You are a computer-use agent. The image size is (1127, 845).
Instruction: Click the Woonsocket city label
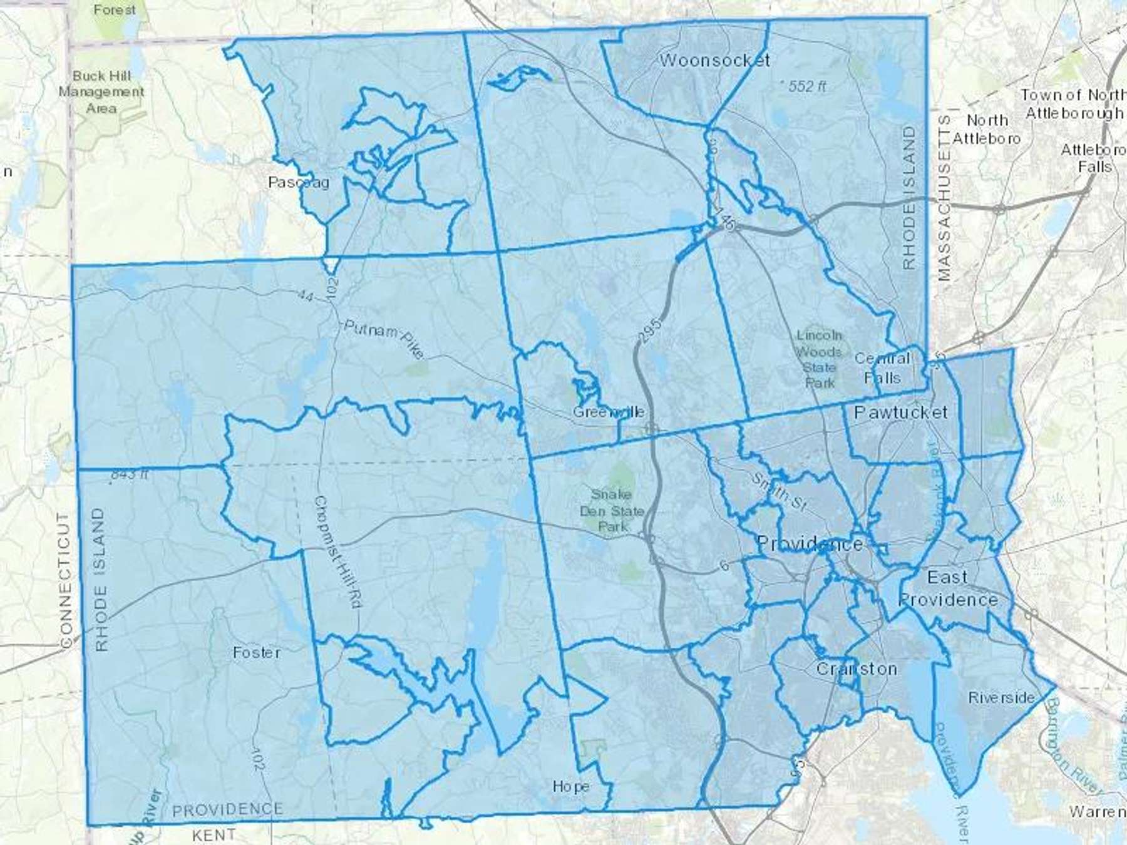[x=714, y=60]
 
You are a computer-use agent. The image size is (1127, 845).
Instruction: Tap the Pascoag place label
[x=299, y=182]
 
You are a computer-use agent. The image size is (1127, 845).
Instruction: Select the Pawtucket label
[x=900, y=412]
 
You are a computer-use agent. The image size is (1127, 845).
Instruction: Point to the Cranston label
[x=856, y=668]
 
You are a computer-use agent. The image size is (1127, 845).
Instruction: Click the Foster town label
[x=257, y=652]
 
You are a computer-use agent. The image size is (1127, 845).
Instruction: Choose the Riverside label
[x=1001, y=697]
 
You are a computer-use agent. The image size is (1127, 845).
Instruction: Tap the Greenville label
[x=609, y=412]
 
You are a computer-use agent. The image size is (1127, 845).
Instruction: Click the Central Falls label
[x=882, y=368]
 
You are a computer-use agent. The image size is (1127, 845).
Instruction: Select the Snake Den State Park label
[x=612, y=511]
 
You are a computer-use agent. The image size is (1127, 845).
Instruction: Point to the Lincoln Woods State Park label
[x=819, y=359]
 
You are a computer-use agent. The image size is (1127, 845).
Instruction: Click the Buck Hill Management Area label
[x=101, y=92]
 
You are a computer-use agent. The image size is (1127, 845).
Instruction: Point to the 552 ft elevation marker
[x=803, y=86]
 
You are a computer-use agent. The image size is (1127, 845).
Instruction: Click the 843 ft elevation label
[x=129, y=474]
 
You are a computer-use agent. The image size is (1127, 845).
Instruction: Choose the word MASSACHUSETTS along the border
[x=944, y=198]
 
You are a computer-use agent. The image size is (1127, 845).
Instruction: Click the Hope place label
[x=570, y=786]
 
